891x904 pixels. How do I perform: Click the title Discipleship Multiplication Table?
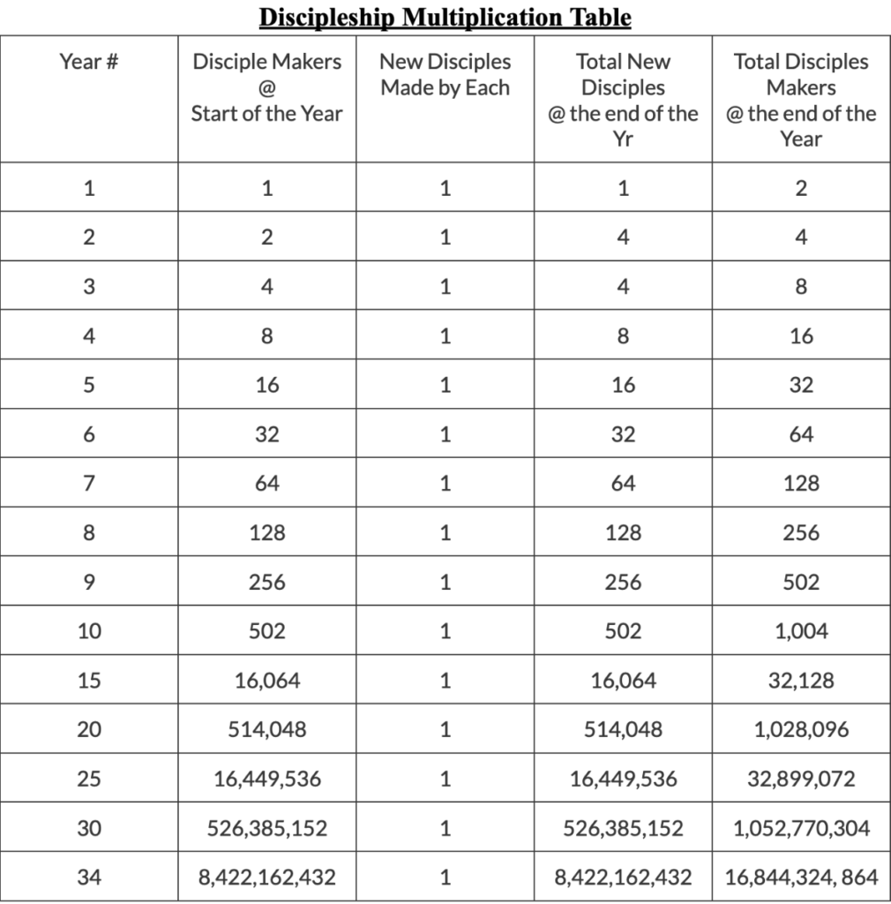(x=445, y=18)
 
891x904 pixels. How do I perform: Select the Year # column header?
(x=89, y=62)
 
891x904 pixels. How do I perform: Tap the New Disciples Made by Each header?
(x=445, y=75)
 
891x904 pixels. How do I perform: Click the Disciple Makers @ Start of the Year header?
(x=266, y=87)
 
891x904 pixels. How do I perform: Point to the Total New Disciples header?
(x=623, y=100)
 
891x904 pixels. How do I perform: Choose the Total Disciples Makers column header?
(x=801, y=100)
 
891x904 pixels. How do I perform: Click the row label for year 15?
(x=89, y=681)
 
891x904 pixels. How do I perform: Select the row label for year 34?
(x=89, y=878)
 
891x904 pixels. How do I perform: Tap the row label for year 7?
(x=89, y=484)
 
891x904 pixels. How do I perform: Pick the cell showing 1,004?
(x=801, y=631)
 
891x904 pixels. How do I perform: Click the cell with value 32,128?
(x=801, y=681)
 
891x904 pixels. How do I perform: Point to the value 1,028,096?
(x=801, y=730)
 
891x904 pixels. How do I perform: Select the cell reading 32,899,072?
(x=801, y=780)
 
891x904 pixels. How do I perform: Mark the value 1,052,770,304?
(x=801, y=829)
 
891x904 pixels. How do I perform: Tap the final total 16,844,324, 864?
(x=801, y=878)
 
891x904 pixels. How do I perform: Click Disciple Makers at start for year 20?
(x=266, y=730)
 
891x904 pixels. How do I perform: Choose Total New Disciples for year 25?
(x=623, y=780)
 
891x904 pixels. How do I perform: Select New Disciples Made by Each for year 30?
(x=445, y=829)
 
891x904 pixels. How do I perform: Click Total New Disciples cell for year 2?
(x=623, y=237)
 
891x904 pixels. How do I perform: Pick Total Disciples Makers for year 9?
(x=801, y=583)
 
